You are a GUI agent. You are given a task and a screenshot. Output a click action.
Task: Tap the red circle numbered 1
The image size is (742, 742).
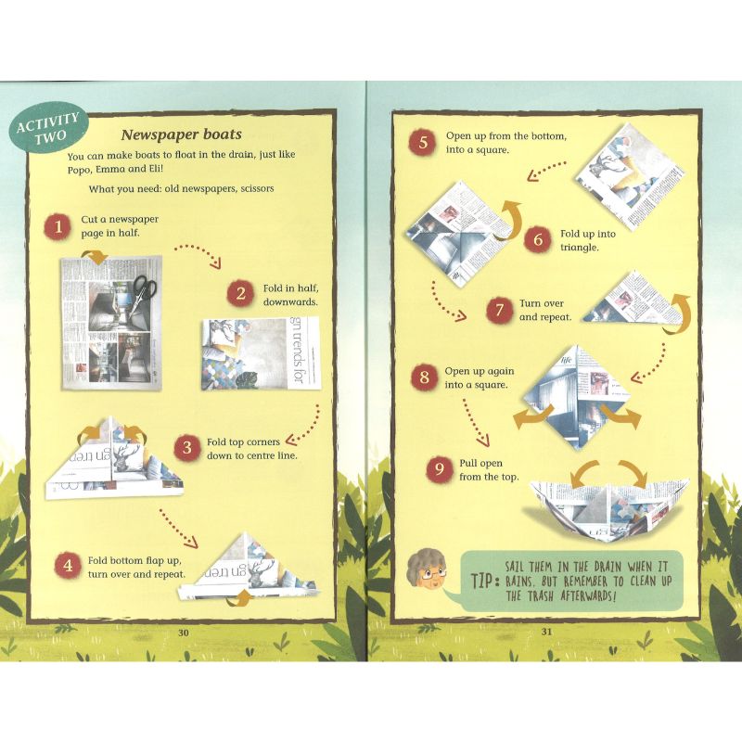click(x=58, y=225)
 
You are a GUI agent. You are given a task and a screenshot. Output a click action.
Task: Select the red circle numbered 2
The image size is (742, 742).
click(x=241, y=294)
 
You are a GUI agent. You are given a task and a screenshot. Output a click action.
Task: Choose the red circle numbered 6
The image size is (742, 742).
click(x=537, y=240)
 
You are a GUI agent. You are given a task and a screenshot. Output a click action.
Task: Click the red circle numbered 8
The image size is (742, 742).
click(x=424, y=377)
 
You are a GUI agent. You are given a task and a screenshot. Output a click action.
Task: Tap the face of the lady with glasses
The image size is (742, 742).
click(x=426, y=573)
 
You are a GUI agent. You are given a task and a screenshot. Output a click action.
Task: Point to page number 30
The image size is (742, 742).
click(x=183, y=632)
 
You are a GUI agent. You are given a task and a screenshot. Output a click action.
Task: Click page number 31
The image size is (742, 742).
click(x=546, y=632)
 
